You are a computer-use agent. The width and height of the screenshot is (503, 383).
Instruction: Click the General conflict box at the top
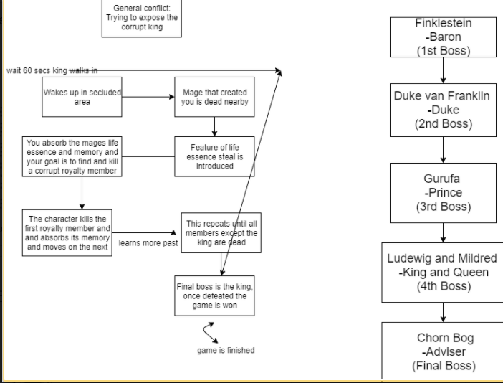pos(141,17)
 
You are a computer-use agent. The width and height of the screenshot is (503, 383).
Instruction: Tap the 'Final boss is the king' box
pos(216,294)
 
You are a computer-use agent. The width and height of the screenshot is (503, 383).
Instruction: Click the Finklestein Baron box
pos(444,37)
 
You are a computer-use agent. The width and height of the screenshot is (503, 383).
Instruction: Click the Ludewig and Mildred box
pos(442,272)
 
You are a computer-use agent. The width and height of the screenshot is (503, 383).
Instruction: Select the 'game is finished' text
pos(226,350)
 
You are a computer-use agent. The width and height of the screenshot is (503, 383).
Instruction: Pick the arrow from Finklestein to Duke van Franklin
pos(444,70)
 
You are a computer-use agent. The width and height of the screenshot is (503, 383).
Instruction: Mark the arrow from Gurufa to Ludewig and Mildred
pos(444,232)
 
